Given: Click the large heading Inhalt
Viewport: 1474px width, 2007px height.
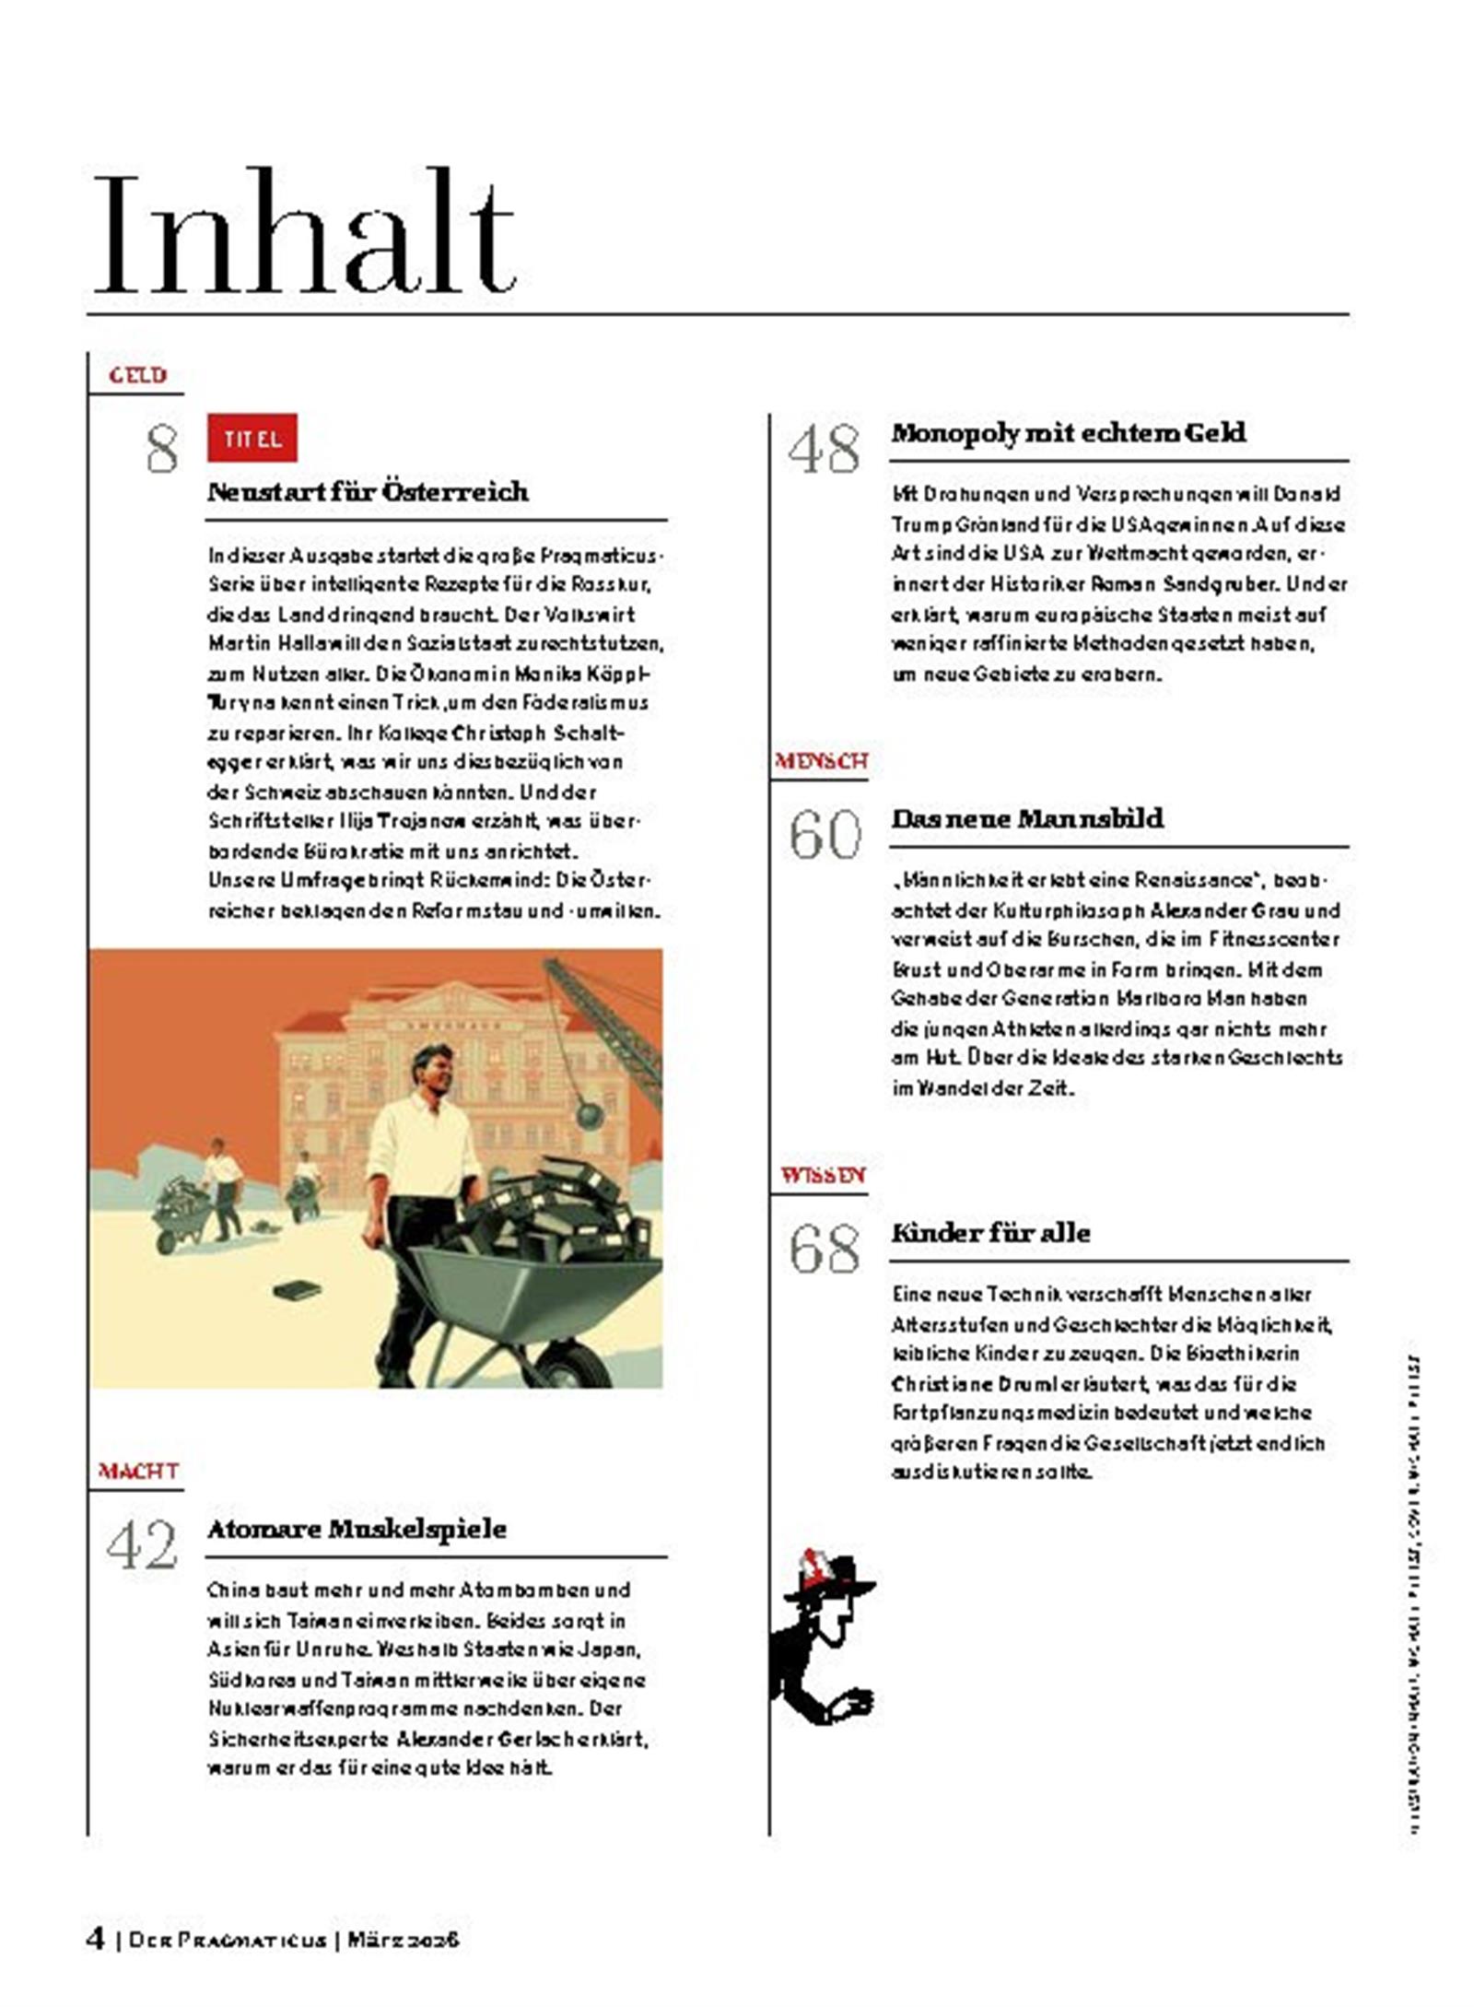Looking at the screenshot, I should click(304, 235).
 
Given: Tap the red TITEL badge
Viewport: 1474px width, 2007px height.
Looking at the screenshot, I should click(252, 439).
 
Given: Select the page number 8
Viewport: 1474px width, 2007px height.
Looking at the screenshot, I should click(162, 450).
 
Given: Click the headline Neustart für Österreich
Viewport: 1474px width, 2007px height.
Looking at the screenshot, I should click(368, 491).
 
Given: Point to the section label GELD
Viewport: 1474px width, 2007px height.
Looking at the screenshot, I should click(137, 375).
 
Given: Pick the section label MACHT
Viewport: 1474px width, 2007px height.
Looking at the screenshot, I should click(138, 1472).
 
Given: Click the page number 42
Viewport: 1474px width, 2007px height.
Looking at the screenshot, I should click(142, 1546).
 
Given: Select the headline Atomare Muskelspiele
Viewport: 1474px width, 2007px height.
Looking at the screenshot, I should click(357, 1529).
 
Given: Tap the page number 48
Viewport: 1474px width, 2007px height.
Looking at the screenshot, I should click(824, 450).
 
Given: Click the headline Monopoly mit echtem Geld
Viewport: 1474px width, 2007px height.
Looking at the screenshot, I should click(1068, 433).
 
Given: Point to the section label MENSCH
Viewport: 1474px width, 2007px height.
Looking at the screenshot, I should click(821, 761).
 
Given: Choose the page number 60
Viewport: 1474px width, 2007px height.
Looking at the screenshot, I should click(825, 835).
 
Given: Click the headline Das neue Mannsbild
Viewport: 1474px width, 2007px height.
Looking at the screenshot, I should click(1027, 818).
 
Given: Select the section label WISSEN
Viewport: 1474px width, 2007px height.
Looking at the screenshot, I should click(822, 1175).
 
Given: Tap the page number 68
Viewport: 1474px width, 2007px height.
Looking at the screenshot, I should click(825, 1249).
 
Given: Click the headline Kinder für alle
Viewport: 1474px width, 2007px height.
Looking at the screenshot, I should click(990, 1233).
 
